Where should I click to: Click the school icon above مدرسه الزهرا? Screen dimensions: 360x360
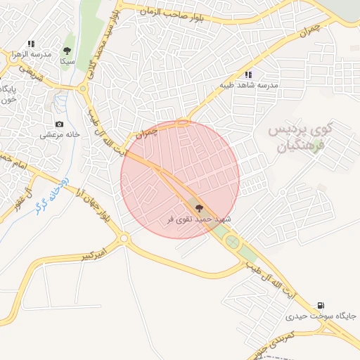tap(31, 44)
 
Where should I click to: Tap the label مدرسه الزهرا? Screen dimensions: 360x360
tap(31, 54)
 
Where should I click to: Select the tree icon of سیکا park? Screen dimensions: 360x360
tap(67, 51)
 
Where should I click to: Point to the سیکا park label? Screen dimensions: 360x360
tap(67, 61)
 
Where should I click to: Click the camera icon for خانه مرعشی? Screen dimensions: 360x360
tap(59, 124)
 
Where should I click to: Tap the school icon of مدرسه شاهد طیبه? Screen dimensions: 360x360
tap(247, 75)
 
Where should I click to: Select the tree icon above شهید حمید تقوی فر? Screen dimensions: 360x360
tap(198, 208)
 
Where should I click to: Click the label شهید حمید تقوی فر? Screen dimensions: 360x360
tap(198, 219)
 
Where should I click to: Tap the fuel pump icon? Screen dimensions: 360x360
tap(321, 305)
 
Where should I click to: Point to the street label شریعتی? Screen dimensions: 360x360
tap(31, 72)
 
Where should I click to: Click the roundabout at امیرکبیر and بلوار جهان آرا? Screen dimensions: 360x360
tap(125, 239)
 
